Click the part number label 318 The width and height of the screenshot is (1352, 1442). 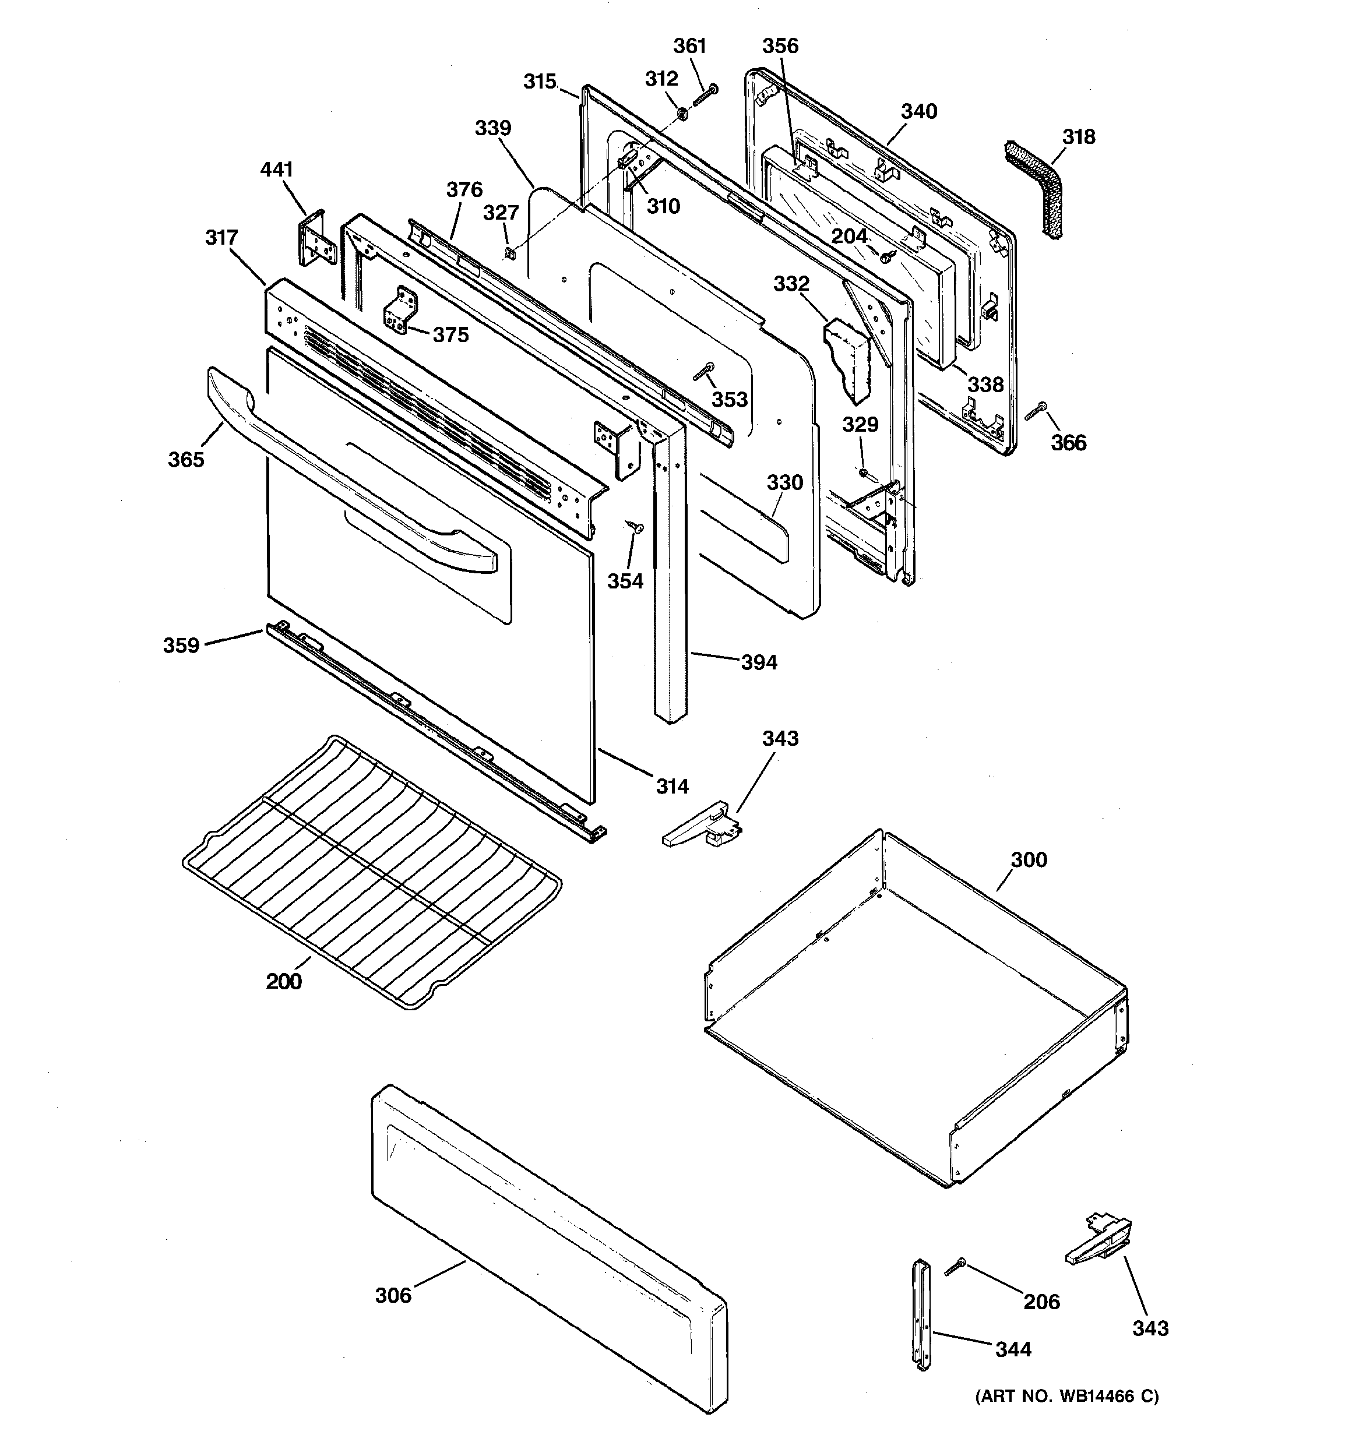pyautogui.click(x=1079, y=136)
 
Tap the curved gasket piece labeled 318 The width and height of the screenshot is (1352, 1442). pyautogui.click(x=1036, y=187)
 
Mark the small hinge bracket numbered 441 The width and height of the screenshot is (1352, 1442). pyautogui.click(x=313, y=240)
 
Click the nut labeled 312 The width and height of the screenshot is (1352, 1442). pyautogui.click(x=682, y=113)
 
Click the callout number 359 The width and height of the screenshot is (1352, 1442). pyautogui.click(x=181, y=645)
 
